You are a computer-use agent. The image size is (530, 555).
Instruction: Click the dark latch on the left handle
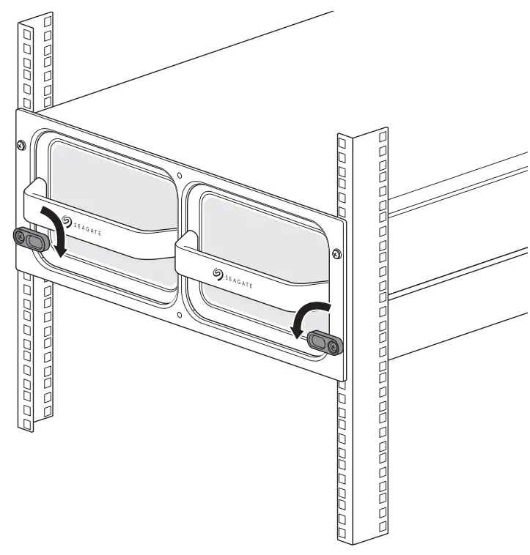tap(29, 238)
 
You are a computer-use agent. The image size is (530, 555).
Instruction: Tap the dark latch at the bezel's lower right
tap(324, 342)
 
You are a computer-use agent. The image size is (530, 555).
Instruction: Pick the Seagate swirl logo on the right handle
tap(217, 273)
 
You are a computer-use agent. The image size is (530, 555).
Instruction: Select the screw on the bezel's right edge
tap(336, 254)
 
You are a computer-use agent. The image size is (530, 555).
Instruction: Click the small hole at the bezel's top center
tap(180, 176)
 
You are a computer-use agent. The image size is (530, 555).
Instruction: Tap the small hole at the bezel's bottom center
tap(180, 316)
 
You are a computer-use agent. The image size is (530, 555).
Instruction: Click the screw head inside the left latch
tap(20, 236)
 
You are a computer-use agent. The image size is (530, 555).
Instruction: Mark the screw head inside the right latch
tap(334, 345)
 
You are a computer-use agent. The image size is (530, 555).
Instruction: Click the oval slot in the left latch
tap(34, 239)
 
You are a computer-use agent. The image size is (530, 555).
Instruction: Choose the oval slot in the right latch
tap(320, 340)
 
